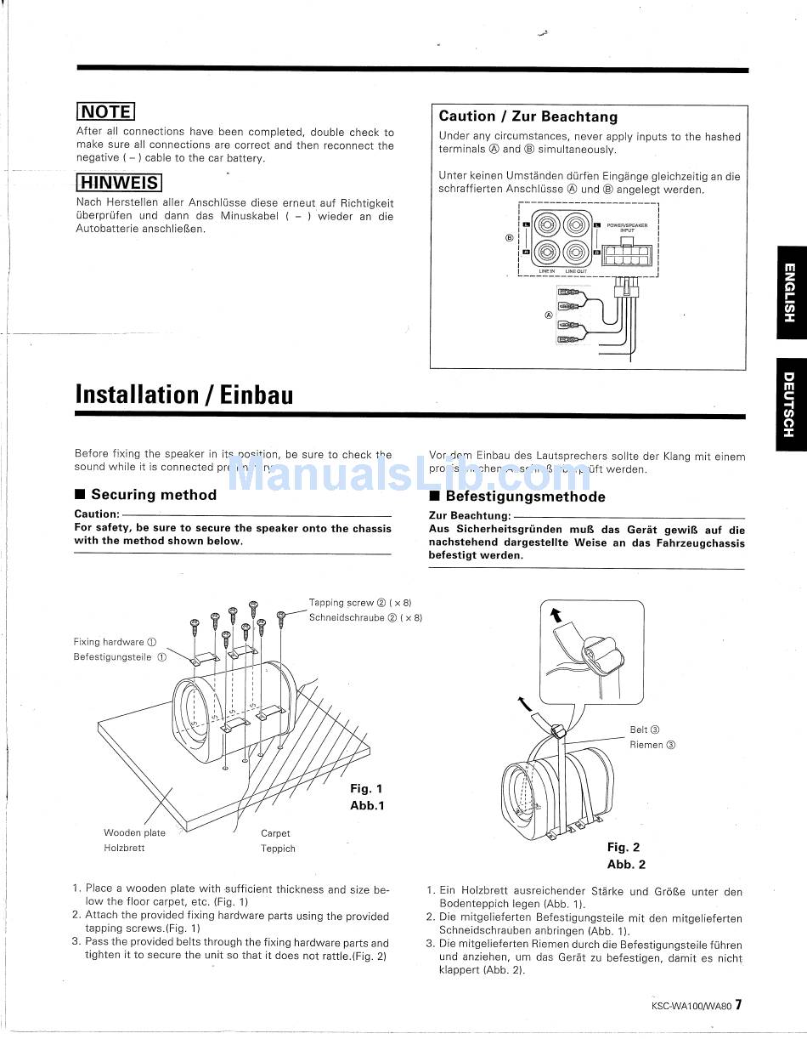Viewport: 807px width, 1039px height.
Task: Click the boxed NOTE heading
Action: (106, 112)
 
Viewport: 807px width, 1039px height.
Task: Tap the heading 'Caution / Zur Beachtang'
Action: (528, 116)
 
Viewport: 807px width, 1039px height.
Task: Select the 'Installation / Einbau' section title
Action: (184, 395)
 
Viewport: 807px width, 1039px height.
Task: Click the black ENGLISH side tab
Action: (789, 292)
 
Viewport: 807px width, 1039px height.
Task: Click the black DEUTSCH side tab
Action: (789, 404)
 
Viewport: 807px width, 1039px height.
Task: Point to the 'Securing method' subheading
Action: (153, 495)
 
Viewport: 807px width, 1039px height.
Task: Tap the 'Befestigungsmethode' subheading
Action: (525, 497)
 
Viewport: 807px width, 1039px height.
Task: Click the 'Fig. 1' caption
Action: (366, 789)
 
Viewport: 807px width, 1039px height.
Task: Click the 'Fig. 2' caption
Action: (624, 847)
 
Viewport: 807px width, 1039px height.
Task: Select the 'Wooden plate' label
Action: (134, 833)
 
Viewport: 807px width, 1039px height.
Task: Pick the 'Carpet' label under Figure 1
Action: (275, 834)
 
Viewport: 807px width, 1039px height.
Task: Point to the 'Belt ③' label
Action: (645, 730)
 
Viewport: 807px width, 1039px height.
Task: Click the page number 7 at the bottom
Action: (738, 1004)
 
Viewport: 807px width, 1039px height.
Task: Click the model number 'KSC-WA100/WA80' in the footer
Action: (691, 1005)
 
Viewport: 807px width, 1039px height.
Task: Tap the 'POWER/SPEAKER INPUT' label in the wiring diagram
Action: (626, 227)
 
